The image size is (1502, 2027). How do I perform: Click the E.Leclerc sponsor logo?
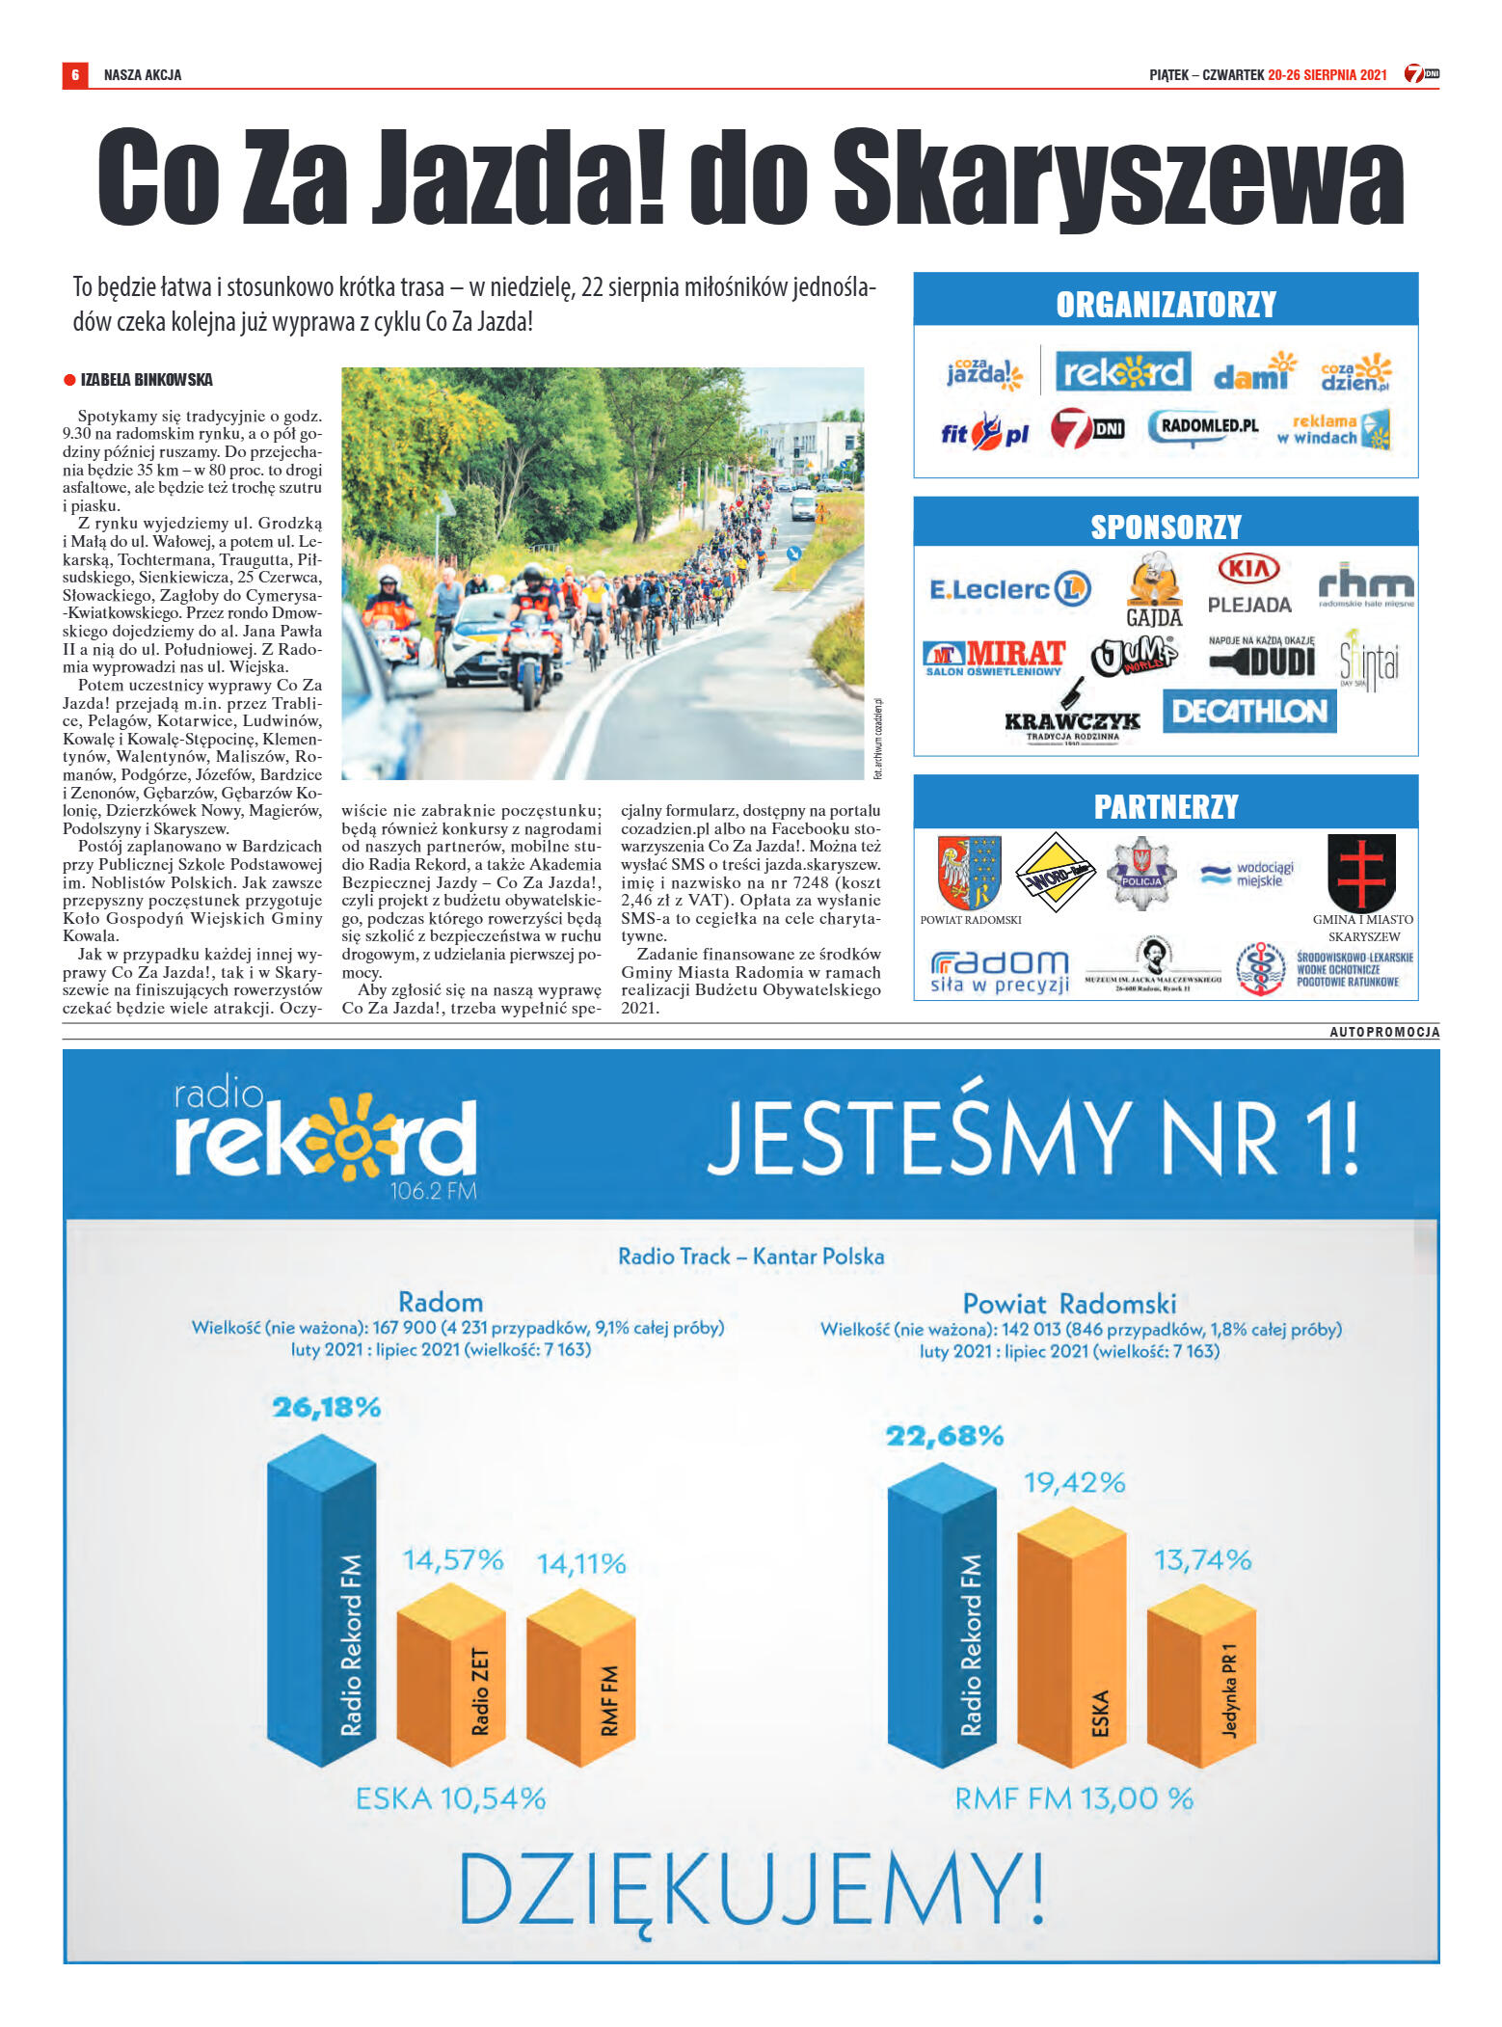coord(1008,588)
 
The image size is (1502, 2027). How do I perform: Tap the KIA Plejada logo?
coord(1249,583)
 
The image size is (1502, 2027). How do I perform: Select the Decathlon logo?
coord(1249,711)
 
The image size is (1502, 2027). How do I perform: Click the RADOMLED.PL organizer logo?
coord(1203,426)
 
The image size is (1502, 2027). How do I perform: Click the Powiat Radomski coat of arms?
coord(970,872)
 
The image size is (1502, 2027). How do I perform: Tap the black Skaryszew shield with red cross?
coord(1362,872)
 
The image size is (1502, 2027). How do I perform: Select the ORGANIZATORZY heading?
coord(1166,305)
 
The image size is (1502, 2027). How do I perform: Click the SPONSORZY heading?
coord(1166,527)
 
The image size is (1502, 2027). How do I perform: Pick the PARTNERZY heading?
coord(1166,806)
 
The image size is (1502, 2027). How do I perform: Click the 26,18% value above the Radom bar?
coord(327,1407)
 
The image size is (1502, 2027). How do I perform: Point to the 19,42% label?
coord(1074,1482)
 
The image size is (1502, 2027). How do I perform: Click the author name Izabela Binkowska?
coord(147,380)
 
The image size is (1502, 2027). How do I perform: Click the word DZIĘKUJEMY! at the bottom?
coord(751,1886)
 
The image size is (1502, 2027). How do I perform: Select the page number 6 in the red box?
coord(75,75)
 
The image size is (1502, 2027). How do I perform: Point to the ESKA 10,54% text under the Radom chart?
coord(450,1797)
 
